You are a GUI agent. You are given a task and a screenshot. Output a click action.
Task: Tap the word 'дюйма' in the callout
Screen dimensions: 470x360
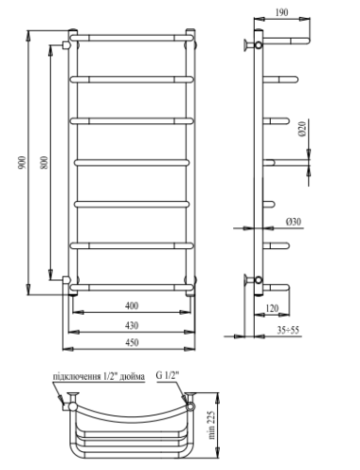(x=133, y=378)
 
